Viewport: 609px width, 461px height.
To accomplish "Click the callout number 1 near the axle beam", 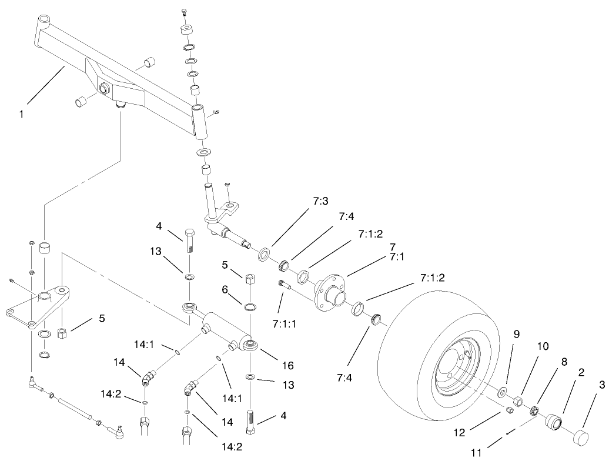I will [x=22, y=114].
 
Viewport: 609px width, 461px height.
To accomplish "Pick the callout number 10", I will [x=541, y=346].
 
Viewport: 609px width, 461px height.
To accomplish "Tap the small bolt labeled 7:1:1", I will [x=283, y=286].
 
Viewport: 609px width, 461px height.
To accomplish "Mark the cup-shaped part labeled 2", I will [x=553, y=422].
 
